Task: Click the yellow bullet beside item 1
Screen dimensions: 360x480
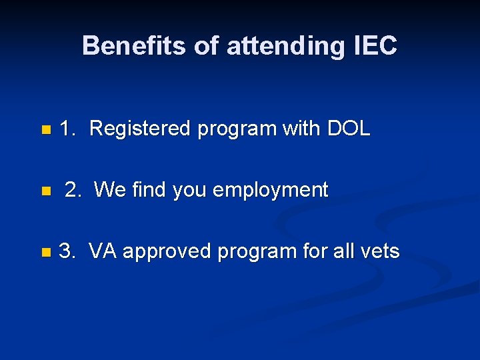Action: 45,129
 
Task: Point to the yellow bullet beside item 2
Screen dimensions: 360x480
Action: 45,191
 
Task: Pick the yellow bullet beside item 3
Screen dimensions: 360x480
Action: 45,253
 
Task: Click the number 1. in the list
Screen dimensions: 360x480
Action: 67,129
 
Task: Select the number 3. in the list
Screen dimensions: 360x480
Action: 67,251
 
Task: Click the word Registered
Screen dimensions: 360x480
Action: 139,129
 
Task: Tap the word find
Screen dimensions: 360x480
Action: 149,190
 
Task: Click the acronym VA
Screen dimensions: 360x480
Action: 103,251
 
